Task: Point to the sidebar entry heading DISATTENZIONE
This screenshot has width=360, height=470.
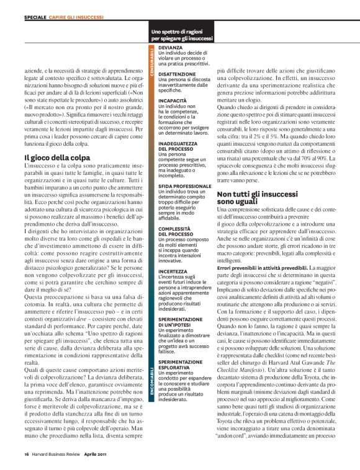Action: coord(177,73)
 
